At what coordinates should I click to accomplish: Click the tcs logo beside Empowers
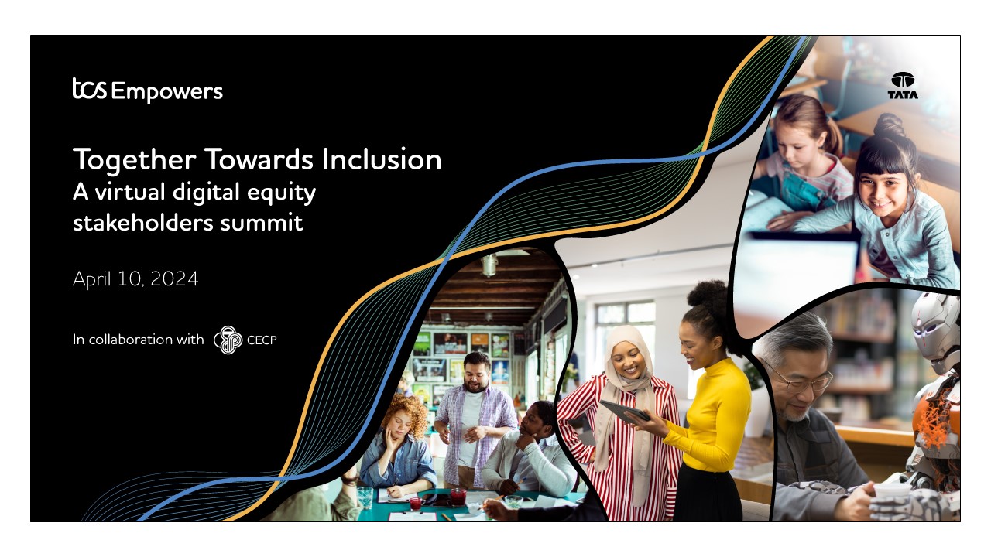89,88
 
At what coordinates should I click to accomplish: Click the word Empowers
166,92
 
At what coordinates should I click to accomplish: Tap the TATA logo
903,85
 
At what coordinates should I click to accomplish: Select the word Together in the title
135,160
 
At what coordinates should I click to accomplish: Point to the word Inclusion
382,159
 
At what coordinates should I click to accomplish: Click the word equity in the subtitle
281,193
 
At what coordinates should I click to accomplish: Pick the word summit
262,222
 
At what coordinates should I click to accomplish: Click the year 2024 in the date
174,279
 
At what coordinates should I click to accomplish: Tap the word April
92,279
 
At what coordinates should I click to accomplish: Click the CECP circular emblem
228,340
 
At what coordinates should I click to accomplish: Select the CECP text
262,340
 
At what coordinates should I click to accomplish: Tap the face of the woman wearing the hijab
628,361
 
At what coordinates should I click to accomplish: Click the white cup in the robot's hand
891,491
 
